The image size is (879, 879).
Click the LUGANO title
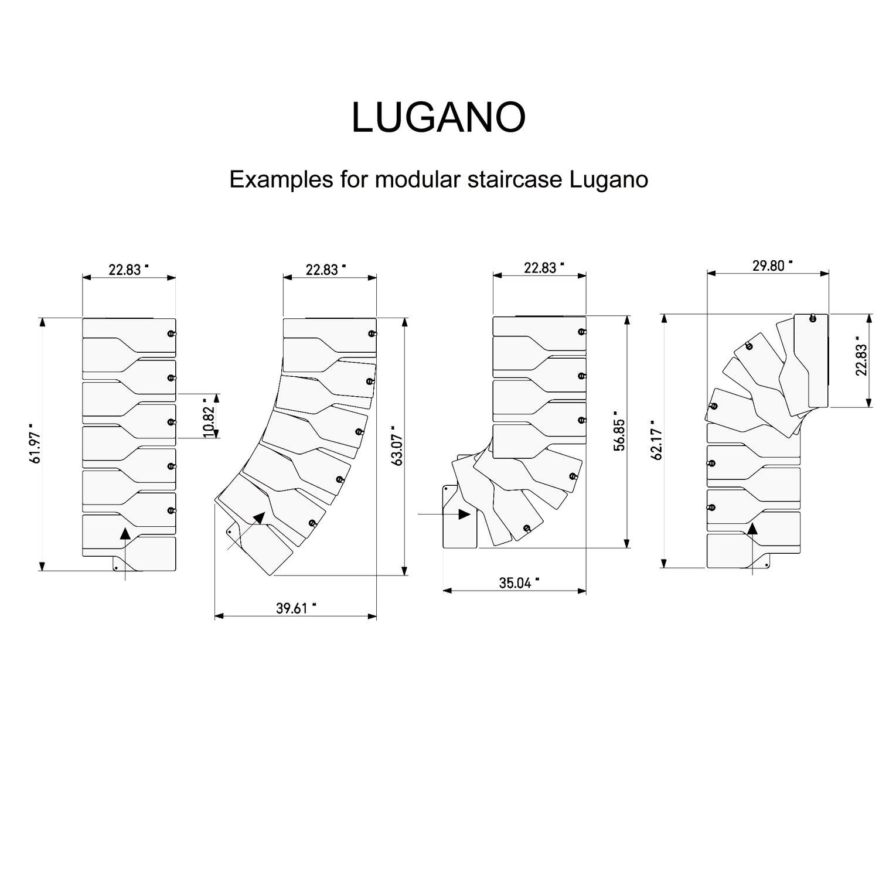click(438, 117)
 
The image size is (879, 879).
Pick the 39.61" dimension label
click(296, 608)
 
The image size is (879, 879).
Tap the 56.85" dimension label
click(619, 435)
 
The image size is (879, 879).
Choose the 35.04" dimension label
click(519, 582)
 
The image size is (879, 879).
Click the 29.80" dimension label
click(772, 265)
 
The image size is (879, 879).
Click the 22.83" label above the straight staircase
click(128, 269)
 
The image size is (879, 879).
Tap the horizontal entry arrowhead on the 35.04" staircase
click(464, 514)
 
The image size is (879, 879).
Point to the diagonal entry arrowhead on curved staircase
click(258, 517)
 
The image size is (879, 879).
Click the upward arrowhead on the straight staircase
click(125, 533)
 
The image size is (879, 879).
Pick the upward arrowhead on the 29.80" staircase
click(752, 529)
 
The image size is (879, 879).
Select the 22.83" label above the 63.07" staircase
click(326, 269)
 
